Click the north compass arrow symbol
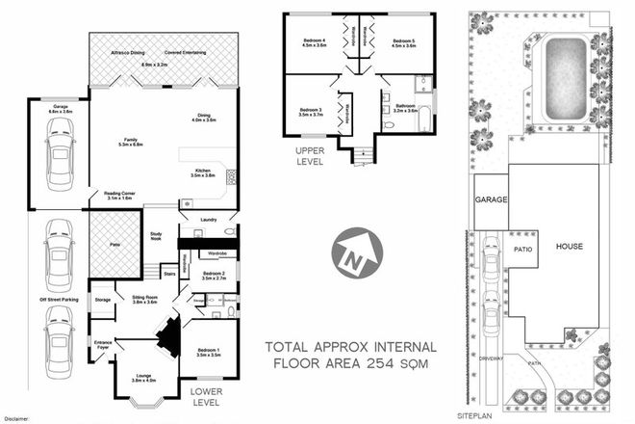pos(352,255)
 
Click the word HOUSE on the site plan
pos(570,247)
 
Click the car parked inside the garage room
pos(60,158)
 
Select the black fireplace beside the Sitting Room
pos(169,336)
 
